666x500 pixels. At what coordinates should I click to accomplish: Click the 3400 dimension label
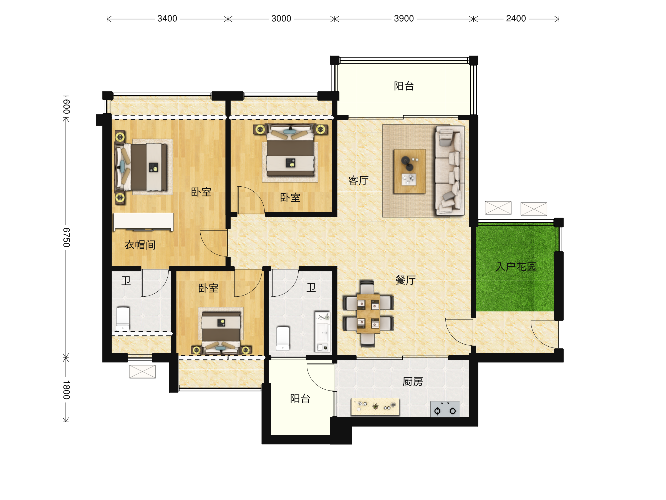(x=167, y=19)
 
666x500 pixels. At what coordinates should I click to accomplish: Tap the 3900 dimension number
(x=404, y=19)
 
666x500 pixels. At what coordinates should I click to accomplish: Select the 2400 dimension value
(x=516, y=19)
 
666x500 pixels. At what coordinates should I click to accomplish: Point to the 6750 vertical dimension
(x=66, y=237)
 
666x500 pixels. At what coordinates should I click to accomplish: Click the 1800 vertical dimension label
(x=66, y=390)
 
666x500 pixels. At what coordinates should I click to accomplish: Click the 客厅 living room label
(x=358, y=181)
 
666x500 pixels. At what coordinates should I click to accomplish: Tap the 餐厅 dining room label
(x=405, y=280)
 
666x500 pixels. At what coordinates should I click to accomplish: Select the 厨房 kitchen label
(x=413, y=382)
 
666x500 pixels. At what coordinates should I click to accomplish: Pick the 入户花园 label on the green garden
(x=516, y=267)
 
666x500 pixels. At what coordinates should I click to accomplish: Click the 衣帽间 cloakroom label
(x=140, y=245)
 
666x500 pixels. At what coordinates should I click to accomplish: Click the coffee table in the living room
(x=410, y=171)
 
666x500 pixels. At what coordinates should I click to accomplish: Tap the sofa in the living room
(x=449, y=171)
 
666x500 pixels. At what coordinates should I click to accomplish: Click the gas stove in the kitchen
(x=445, y=409)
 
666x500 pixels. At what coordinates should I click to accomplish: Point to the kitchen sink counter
(x=375, y=407)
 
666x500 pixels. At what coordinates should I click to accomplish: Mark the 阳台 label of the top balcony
(x=404, y=86)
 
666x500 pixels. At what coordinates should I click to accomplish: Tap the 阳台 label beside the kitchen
(x=300, y=398)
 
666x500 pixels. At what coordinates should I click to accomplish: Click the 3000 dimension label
(x=281, y=19)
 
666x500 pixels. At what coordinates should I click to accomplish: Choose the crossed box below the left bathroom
(x=142, y=372)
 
